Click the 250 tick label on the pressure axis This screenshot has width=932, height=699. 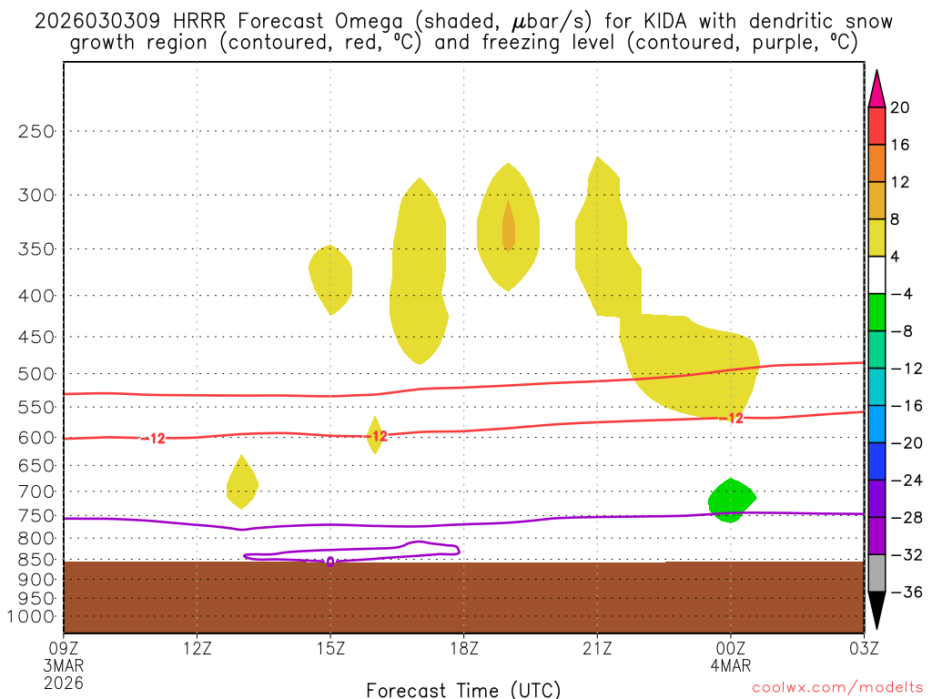(36, 131)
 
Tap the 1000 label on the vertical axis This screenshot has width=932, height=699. (32, 616)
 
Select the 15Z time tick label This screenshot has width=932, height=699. (330, 648)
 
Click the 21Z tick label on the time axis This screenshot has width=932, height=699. (596, 648)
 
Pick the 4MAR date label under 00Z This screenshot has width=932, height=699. (730, 664)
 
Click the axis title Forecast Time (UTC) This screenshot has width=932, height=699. (463, 689)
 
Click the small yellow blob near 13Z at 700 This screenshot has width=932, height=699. (241, 482)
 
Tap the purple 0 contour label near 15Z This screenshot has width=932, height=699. (329, 562)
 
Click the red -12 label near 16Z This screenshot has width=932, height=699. (379, 436)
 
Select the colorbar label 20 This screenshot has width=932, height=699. (899, 107)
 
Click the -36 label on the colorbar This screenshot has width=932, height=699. (903, 593)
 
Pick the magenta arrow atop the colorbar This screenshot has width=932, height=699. (876, 87)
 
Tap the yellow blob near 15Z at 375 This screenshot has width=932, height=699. (330, 278)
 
